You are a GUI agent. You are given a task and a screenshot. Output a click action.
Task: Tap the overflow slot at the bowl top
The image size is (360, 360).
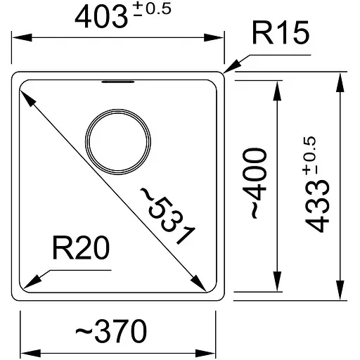click(117, 82)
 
